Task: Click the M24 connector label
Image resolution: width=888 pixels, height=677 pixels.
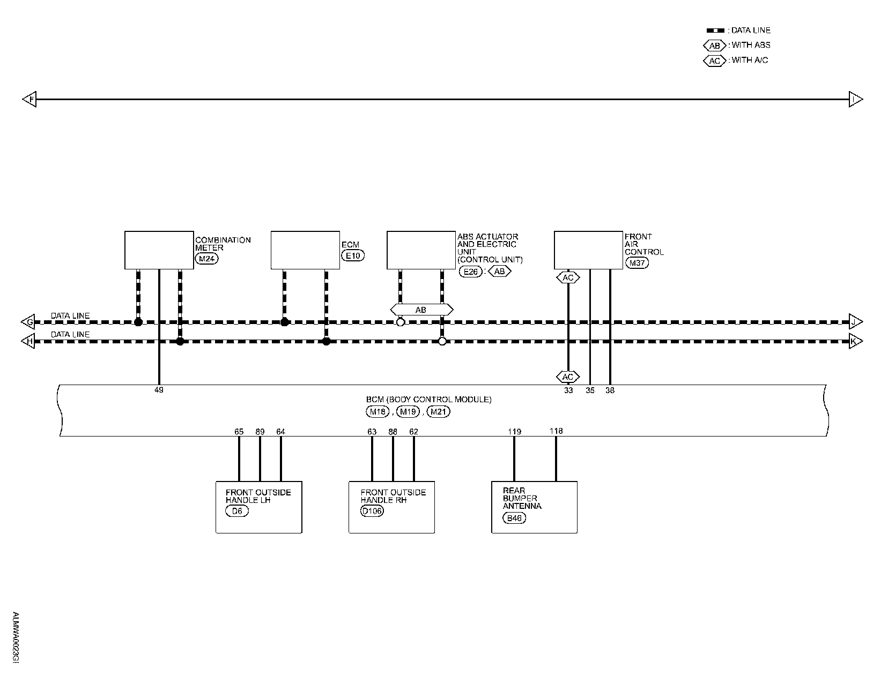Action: point(207,259)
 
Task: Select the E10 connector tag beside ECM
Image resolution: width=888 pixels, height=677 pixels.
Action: point(353,255)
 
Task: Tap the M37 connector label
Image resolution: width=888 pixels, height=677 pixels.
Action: point(637,263)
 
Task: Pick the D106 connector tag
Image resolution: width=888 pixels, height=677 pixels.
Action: point(373,511)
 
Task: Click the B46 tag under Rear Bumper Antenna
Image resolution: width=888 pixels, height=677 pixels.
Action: point(514,518)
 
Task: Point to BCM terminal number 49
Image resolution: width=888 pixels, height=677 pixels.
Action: point(159,390)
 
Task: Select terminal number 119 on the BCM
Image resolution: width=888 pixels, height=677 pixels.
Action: point(514,431)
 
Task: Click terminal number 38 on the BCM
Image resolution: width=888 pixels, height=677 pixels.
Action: point(610,390)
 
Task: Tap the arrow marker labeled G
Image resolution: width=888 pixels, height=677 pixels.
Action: point(28,322)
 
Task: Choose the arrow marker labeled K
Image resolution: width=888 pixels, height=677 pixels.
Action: point(856,341)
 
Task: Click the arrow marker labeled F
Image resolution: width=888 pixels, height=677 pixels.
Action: point(29,100)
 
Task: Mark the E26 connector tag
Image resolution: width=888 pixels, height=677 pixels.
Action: point(470,271)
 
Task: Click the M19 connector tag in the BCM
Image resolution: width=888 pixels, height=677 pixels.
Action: point(408,411)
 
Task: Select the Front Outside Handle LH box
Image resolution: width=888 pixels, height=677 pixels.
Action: point(258,507)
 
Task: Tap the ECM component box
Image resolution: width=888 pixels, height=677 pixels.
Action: point(305,250)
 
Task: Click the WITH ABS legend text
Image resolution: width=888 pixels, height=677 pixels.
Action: point(751,46)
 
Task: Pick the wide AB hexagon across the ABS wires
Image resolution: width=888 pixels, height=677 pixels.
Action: point(421,310)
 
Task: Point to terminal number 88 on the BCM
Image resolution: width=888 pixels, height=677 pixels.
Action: point(393,432)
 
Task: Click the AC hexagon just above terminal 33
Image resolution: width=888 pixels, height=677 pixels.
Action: point(568,377)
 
